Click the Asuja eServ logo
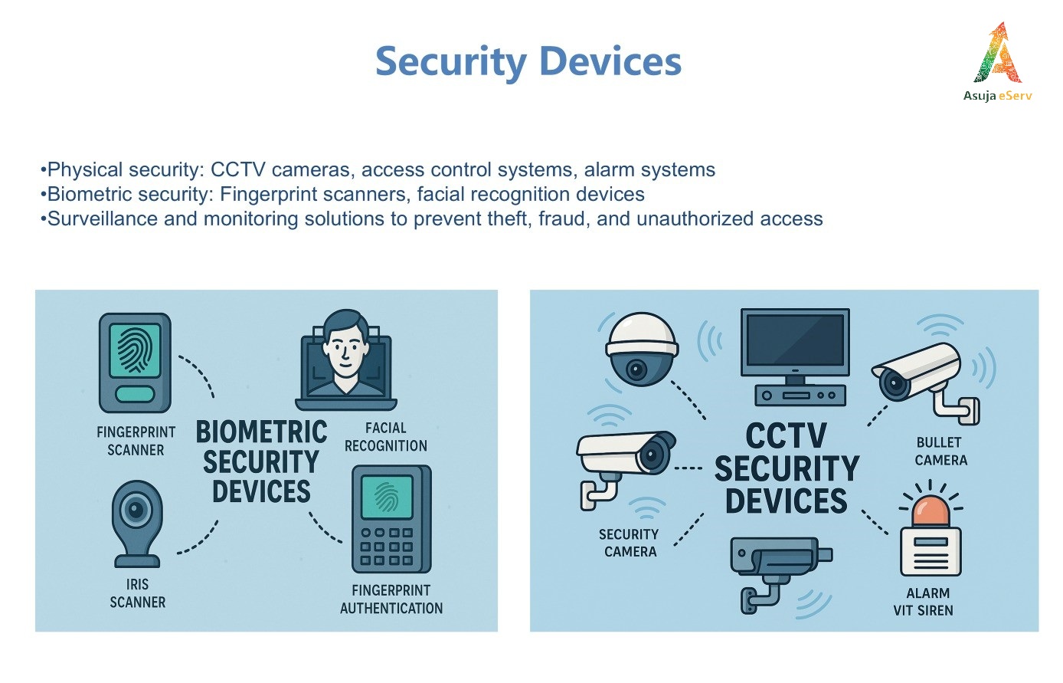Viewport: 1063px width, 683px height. (997, 62)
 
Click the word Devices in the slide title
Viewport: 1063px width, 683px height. (610, 61)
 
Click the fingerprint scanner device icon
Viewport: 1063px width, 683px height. (135, 363)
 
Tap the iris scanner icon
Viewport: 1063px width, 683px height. (137, 524)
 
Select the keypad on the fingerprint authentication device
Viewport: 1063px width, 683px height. (387, 547)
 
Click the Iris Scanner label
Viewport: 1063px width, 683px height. (138, 593)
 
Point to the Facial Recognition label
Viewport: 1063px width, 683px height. (386, 437)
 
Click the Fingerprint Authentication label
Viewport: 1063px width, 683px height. (391, 599)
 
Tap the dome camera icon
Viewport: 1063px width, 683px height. (642, 349)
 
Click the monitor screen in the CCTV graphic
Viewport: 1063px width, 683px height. (795, 340)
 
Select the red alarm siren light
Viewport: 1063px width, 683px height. (930, 511)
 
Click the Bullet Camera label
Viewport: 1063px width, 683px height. (940, 452)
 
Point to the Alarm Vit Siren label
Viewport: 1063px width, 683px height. (924, 602)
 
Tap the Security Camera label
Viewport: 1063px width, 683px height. (630, 543)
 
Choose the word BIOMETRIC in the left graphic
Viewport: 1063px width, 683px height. (261, 432)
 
